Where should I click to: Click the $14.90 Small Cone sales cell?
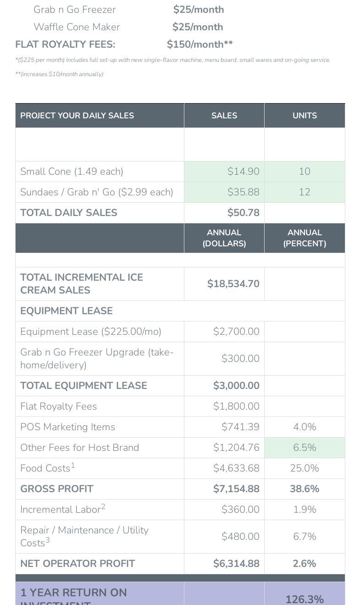243,172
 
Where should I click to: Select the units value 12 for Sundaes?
305,192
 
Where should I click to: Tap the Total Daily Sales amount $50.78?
243,213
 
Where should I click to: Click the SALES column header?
224,116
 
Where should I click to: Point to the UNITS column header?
305,116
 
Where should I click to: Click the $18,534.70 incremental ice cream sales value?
233,284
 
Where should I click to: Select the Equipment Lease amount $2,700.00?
236,332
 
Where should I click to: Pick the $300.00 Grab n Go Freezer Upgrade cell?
240,359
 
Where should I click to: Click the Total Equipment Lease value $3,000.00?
236,386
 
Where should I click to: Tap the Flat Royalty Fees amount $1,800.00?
236,406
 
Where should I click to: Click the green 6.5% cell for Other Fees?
305,448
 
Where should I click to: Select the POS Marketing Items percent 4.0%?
305,427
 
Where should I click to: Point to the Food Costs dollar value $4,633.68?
236,468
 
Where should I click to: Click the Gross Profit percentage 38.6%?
305,489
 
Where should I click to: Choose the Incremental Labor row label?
63,509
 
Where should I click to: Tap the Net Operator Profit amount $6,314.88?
236,564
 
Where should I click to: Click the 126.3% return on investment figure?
305,599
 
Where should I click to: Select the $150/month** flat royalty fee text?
199,44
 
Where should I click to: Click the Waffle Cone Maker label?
77,27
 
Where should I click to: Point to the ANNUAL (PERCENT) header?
305,238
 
